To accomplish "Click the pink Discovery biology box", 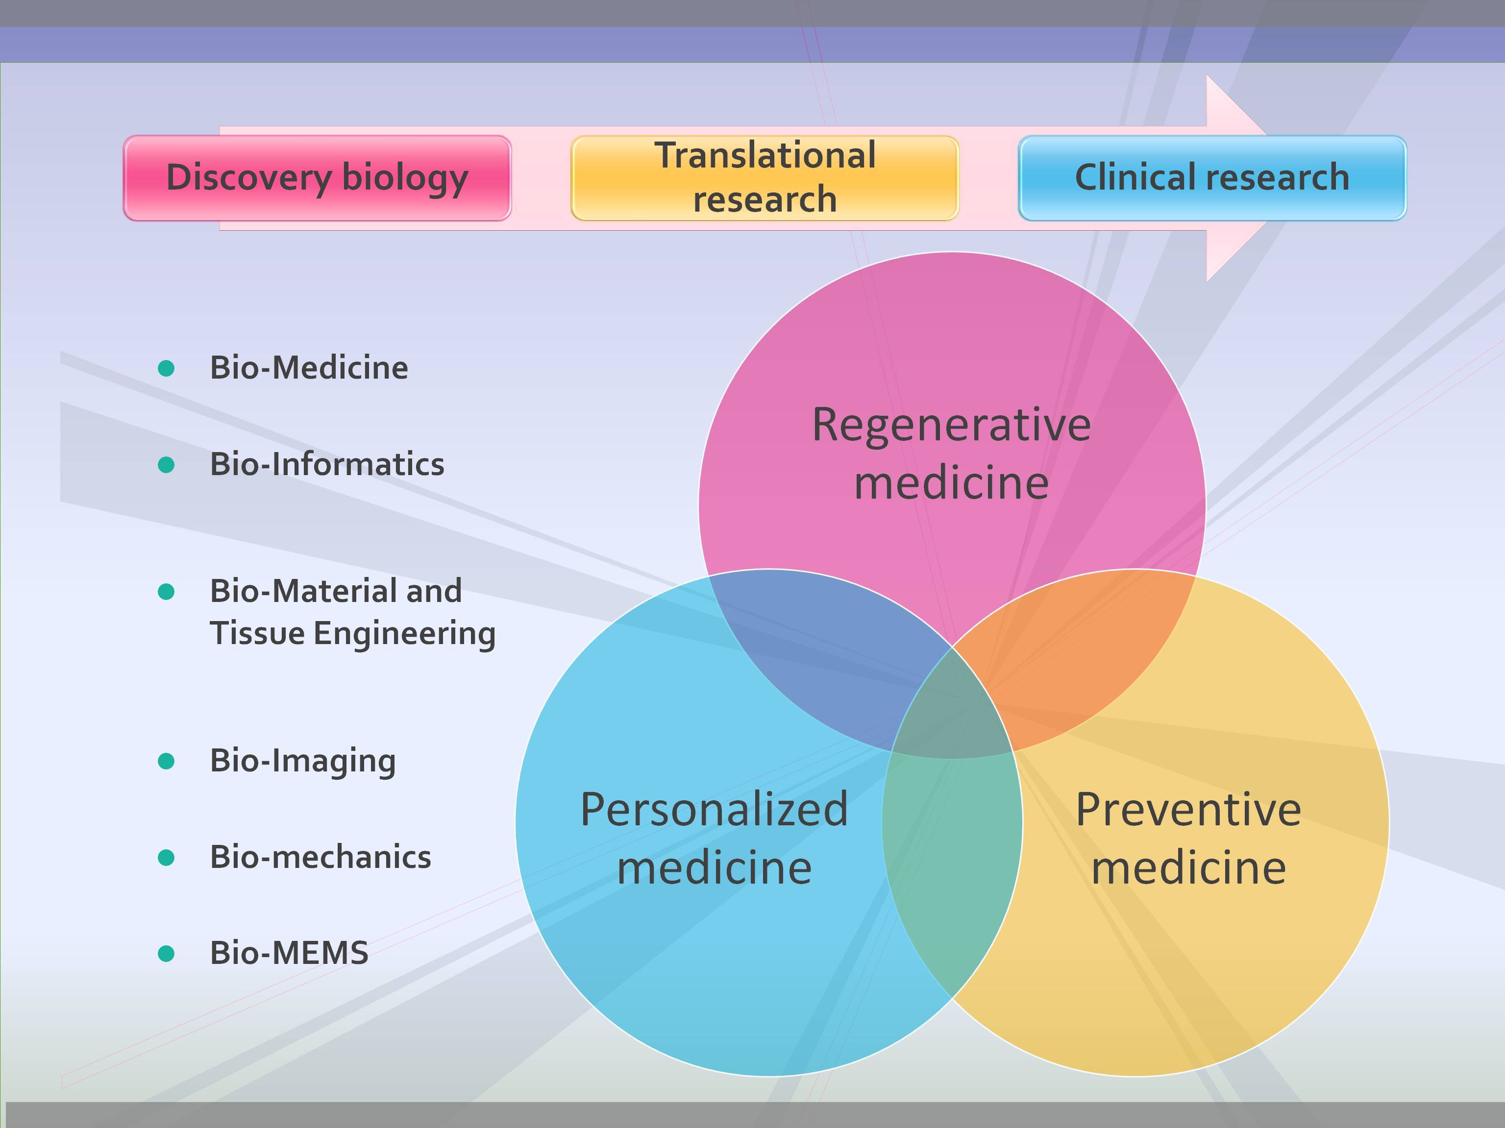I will click(317, 178).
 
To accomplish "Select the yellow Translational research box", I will click(764, 178).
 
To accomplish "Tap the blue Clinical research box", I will click(1212, 178).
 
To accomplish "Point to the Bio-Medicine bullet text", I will click(309, 368).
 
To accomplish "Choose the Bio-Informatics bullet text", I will click(326, 464).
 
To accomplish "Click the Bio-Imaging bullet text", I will click(302, 761).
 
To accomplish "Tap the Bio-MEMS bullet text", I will click(289, 953).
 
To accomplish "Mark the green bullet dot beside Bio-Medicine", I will click(166, 368).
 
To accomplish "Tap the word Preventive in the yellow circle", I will click(1188, 810).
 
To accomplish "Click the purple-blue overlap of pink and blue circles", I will click(823, 653).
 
